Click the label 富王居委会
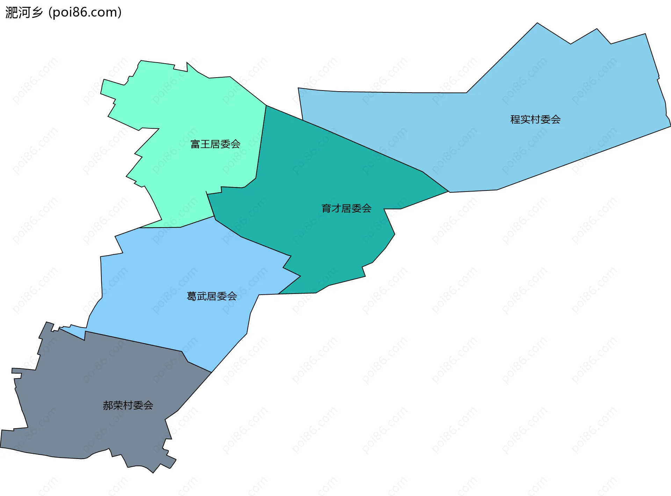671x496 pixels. pyautogui.click(x=215, y=144)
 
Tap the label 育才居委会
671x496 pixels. pyautogui.click(x=346, y=208)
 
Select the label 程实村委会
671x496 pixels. pyautogui.click(x=535, y=120)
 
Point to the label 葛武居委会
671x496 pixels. pyautogui.click(x=211, y=296)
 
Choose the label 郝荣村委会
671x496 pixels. pyautogui.click(x=128, y=405)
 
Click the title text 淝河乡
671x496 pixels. pyautogui.click(x=24, y=13)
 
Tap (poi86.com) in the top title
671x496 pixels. pyautogui.click(x=85, y=13)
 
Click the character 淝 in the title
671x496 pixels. pyautogui.click(x=11, y=13)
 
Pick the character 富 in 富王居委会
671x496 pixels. pyautogui.click(x=195, y=144)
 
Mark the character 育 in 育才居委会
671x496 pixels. pyautogui.click(x=326, y=208)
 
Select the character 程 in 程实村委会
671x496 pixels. pyautogui.click(x=515, y=120)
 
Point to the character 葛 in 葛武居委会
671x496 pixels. pyautogui.click(x=192, y=296)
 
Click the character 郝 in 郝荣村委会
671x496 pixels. pyautogui.click(x=108, y=405)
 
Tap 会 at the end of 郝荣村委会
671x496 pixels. pyautogui.click(x=148, y=405)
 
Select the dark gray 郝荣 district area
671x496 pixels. pyautogui.click(x=87, y=384)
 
